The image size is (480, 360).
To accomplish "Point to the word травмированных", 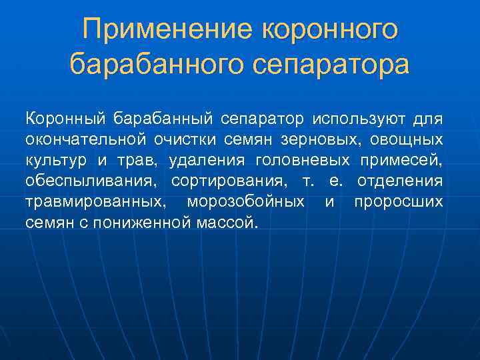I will tap(96, 201).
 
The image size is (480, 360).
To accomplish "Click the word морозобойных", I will tap(247, 201).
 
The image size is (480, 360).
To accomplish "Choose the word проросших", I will tap(398, 201).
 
